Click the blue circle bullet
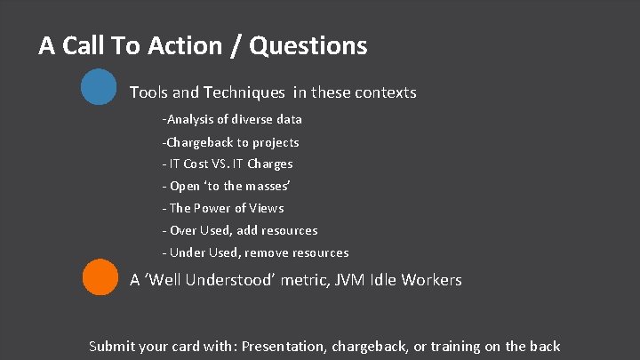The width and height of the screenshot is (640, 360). point(99,87)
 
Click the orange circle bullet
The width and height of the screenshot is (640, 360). point(100,276)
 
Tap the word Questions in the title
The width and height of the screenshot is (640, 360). point(308,45)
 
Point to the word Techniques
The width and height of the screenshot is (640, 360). point(244,92)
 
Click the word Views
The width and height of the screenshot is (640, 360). point(266,208)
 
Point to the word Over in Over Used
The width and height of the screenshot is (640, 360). point(183,230)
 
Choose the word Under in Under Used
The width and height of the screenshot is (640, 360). point(187,252)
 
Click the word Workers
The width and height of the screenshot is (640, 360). point(431,280)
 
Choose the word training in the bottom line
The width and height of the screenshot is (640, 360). point(450,346)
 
